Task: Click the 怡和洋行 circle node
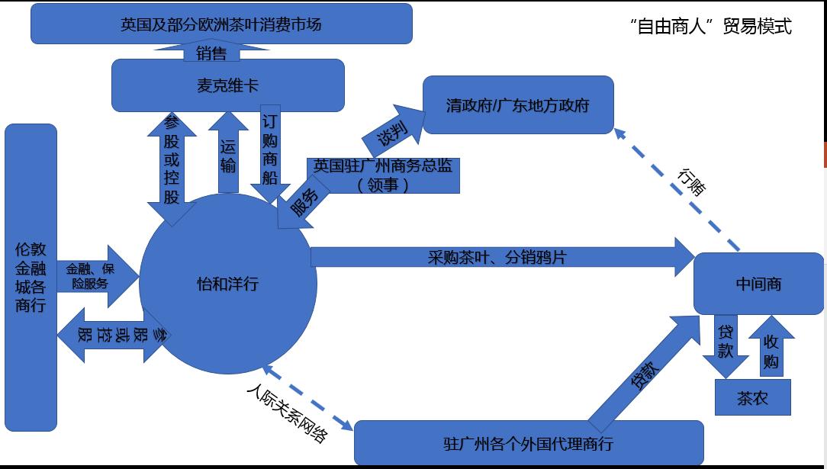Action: [x=227, y=284]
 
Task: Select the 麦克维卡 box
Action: [x=227, y=85]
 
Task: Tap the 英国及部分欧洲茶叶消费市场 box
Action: [x=221, y=24]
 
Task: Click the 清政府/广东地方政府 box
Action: [x=518, y=105]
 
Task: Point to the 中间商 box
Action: [x=758, y=284]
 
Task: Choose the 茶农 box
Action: [x=752, y=397]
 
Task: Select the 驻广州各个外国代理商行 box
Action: [x=528, y=443]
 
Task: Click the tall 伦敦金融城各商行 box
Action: [x=31, y=277]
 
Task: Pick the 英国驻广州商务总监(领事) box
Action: [x=383, y=175]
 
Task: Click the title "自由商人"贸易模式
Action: [x=711, y=27]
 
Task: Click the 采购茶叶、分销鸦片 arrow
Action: [x=496, y=257]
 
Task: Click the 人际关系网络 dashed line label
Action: [x=288, y=413]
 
